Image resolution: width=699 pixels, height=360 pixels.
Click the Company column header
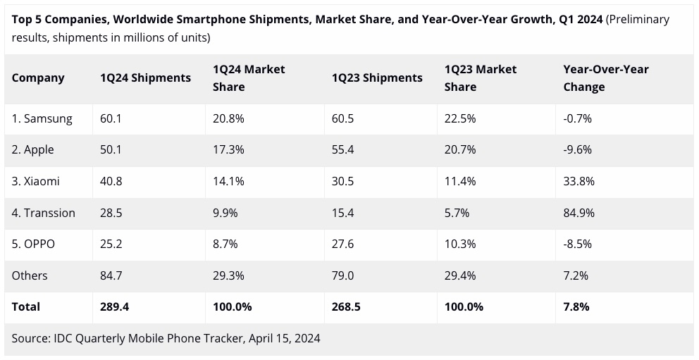pyautogui.click(x=38, y=78)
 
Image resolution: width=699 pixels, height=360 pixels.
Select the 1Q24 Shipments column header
pyautogui.click(x=145, y=78)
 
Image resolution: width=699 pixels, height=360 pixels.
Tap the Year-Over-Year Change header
pyautogui.click(x=606, y=78)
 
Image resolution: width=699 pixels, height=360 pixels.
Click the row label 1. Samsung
pyautogui.click(x=42, y=118)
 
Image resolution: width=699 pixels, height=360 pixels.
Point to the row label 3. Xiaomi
pyautogui.click(x=36, y=181)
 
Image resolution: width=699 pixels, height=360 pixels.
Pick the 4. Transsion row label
pyautogui.click(x=44, y=213)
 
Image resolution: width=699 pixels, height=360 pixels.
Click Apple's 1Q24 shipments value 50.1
pyautogui.click(x=111, y=150)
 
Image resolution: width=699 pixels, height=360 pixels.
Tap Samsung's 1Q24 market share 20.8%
pyautogui.click(x=228, y=118)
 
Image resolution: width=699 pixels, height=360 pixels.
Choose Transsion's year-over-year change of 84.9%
pyautogui.click(x=579, y=213)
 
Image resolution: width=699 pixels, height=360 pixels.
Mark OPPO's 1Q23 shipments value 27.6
pyautogui.click(x=343, y=244)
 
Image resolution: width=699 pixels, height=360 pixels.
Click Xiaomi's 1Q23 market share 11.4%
pyautogui.click(x=460, y=181)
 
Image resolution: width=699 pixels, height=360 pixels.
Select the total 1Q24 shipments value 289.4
pyautogui.click(x=114, y=306)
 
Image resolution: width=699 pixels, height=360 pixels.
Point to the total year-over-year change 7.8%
pyautogui.click(x=576, y=306)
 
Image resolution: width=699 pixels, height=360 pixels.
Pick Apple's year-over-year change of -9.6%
pyautogui.click(x=577, y=150)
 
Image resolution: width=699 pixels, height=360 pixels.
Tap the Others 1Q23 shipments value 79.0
pyautogui.click(x=343, y=275)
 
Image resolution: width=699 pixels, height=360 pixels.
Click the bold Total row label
pyautogui.click(x=26, y=306)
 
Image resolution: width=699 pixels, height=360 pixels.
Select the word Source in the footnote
pyautogui.click(x=30, y=338)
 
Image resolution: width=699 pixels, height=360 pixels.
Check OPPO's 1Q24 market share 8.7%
pyautogui.click(x=225, y=244)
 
